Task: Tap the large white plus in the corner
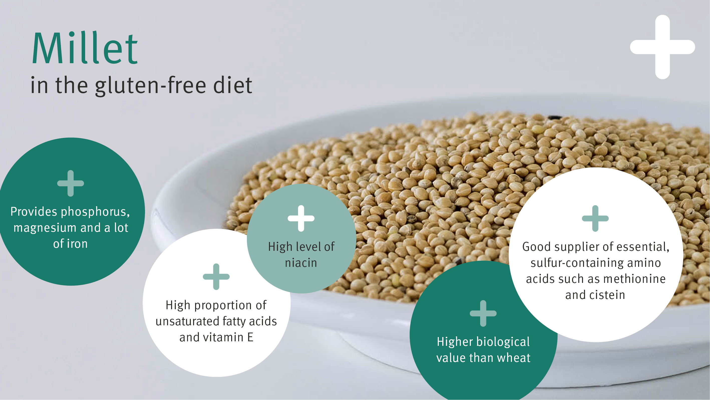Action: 662,47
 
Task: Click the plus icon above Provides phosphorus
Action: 71,183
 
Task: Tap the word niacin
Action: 301,263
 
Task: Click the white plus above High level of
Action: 301,218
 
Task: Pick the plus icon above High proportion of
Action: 216,277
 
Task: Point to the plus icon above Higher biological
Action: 483,313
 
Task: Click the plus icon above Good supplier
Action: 595,218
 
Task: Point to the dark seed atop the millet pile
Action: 554,118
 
